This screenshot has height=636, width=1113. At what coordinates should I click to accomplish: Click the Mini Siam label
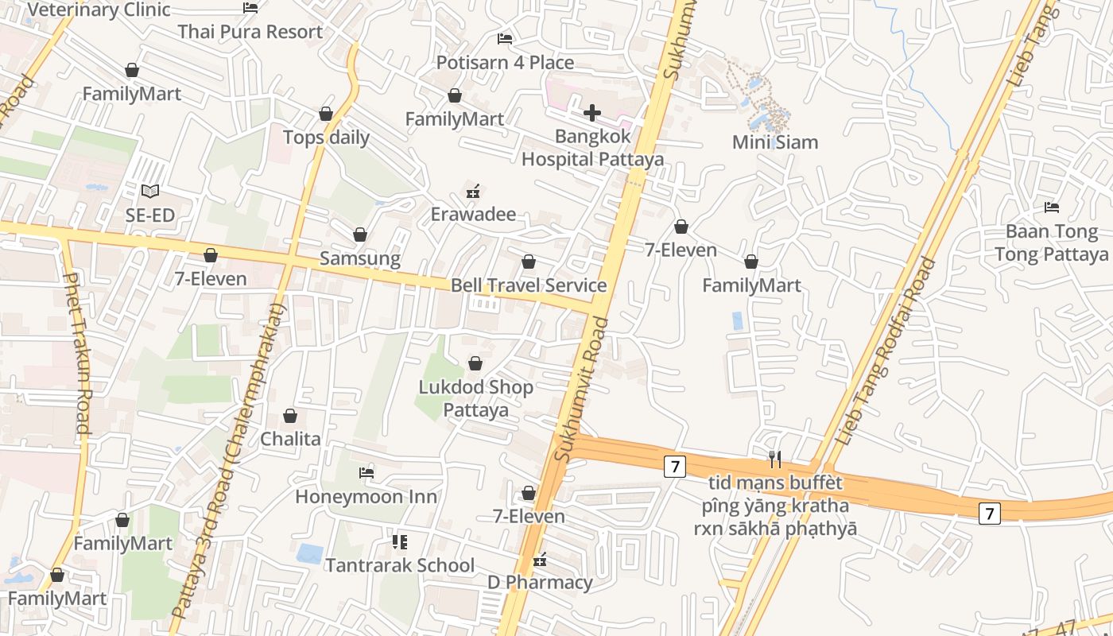775,142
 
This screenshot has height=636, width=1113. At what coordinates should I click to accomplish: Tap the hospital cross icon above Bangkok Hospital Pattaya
592,113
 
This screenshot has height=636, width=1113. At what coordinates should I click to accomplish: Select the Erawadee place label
473,214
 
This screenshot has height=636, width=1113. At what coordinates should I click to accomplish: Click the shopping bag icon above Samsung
360,235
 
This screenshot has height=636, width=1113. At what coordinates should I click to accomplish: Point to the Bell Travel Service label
529,285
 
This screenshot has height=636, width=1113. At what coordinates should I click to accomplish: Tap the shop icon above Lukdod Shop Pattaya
475,363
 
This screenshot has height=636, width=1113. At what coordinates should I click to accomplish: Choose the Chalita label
290,439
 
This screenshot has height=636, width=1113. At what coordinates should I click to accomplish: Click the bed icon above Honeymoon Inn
366,472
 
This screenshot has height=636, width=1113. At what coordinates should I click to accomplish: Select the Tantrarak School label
400,565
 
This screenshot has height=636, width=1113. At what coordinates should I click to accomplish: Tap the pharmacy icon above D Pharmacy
541,560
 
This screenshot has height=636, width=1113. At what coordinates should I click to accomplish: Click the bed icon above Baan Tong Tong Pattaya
1052,207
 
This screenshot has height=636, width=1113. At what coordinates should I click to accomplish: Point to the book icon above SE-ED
149,191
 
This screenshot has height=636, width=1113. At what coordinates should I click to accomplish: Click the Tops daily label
326,138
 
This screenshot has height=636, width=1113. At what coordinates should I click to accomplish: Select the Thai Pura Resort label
250,32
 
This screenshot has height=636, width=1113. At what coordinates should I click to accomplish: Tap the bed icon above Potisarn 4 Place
505,38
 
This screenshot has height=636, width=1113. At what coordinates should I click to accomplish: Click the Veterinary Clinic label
99,10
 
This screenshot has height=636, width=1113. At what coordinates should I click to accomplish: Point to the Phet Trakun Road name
78,353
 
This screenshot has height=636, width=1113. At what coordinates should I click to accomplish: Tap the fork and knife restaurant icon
775,459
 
